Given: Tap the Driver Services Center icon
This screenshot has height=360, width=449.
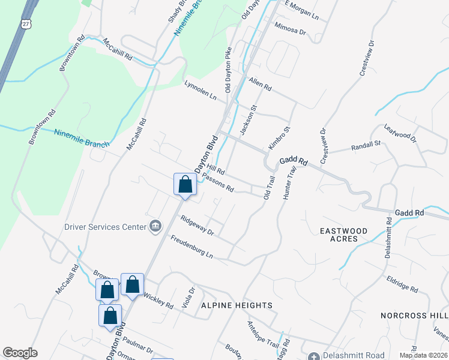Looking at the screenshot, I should click(x=155, y=226).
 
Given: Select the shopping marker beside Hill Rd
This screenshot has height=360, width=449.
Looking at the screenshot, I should click(x=185, y=185).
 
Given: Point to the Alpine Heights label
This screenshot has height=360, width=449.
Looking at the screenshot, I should click(x=237, y=305).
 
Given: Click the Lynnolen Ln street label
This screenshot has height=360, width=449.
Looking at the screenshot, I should click(x=200, y=89).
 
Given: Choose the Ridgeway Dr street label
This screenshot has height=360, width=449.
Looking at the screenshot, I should click(x=197, y=226).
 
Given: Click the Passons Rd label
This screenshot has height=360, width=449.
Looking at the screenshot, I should click(x=218, y=182).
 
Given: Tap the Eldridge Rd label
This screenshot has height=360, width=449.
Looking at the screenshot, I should click(x=402, y=284).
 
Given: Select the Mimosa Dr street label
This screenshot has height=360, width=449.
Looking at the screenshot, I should click(x=290, y=30).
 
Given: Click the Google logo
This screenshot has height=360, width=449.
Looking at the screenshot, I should click(x=20, y=353).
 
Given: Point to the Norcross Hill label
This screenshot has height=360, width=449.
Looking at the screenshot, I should click(x=414, y=315).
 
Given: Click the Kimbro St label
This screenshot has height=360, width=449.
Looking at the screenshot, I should click(x=279, y=138).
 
